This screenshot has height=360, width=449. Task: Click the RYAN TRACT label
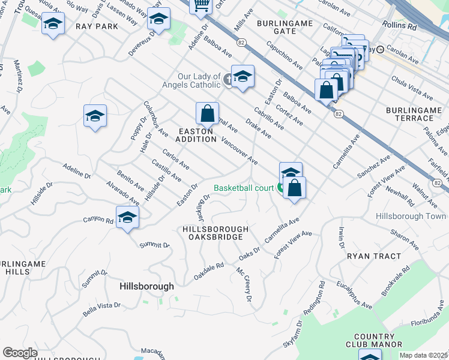pos(374,256)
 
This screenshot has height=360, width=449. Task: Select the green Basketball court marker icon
pos(280,188)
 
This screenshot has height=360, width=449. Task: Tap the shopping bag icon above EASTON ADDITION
pos(207,113)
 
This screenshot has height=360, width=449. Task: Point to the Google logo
pos(20,353)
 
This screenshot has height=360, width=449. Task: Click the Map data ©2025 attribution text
pos(423,355)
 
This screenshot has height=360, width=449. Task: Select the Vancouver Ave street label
pos(239,151)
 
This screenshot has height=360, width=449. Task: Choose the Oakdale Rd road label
pos(208,272)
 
